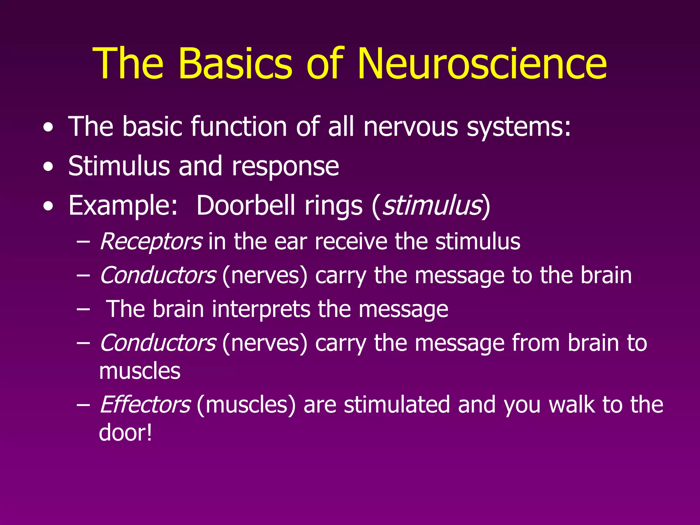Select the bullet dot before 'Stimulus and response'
pyautogui.click(x=49, y=167)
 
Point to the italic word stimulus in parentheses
pyautogui.click(x=431, y=206)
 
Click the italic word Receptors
pyautogui.click(x=151, y=242)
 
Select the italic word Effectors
pyautogui.click(x=145, y=405)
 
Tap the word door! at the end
pyautogui.click(x=125, y=433)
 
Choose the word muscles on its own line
pyautogui.click(x=139, y=371)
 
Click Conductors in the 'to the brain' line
pyautogui.click(x=158, y=275)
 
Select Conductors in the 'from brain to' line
pyautogui.click(x=158, y=343)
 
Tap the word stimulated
pyautogui.click(x=396, y=405)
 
